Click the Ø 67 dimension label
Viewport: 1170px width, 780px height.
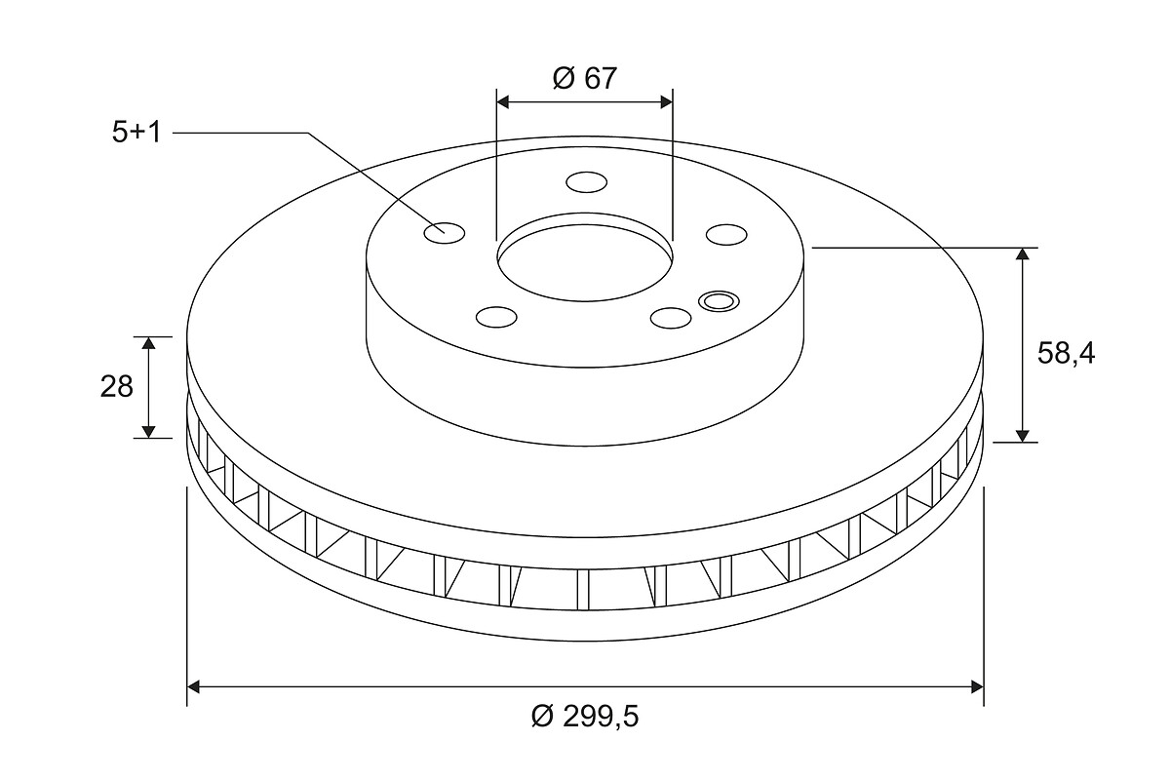(x=584, y=78)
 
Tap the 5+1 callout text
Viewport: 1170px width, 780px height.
(x=136, y=133)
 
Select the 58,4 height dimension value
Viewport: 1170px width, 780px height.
(x=1066, y=354)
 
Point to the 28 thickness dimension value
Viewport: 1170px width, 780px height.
(x=116, y=387)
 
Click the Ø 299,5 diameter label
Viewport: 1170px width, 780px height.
(x=585, y=717)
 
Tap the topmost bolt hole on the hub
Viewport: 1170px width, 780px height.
(x=587, y=182)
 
